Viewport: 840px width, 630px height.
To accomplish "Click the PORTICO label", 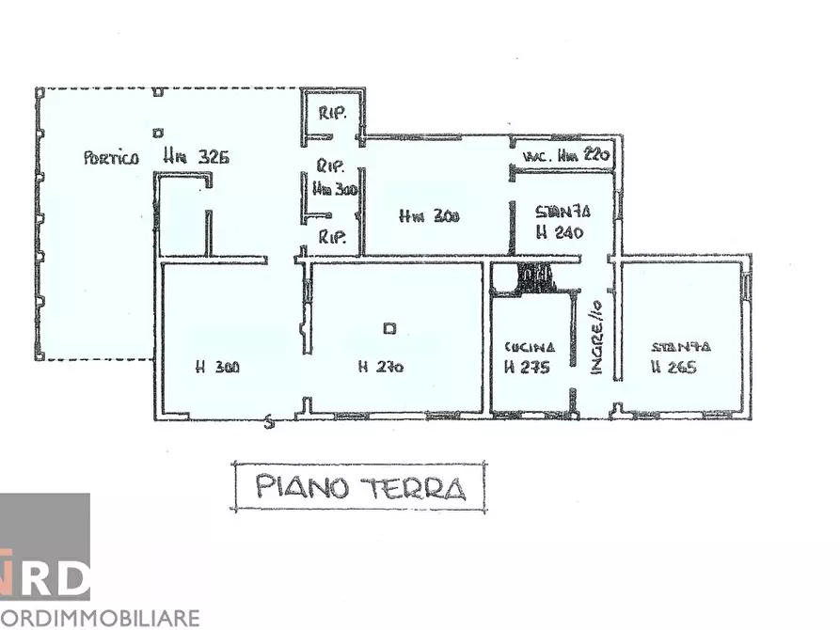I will (x=111, y=158).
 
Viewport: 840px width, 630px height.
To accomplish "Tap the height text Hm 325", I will (x=196, y=157).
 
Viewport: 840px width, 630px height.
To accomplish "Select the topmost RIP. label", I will (x=333, y=114).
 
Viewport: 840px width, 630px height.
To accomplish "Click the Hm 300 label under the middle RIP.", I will (x=335, y=189).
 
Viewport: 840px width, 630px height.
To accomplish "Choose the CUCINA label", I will (x=524, y=346).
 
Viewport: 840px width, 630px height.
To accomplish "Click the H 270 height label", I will (x=381, y=368).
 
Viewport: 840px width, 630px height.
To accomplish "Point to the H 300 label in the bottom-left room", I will (x=217, y=368).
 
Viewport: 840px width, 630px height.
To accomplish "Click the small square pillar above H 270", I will (x=389, y=328).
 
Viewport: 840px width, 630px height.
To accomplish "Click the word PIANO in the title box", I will (x=301, y=487).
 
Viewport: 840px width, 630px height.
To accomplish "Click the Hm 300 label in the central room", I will (x=430, y=217).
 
